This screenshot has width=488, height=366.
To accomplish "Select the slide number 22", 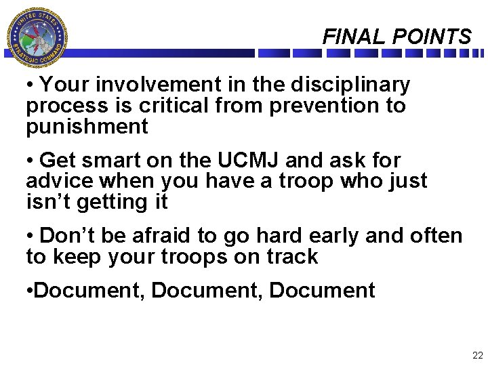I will pos(477,355).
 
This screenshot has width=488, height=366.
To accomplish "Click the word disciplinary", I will pos(350,85).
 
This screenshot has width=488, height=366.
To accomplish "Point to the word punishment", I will pos(87,127).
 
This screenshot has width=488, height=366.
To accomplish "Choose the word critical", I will pos(181,106).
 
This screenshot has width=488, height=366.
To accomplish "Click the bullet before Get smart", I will pos(30,161).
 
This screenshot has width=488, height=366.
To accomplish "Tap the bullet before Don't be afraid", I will pos(30,237).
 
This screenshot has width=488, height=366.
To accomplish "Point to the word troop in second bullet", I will pos(279,181).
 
